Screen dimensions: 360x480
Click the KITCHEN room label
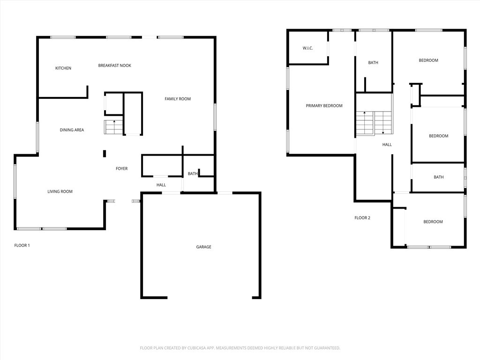pyautogui.click(x=63, y=68)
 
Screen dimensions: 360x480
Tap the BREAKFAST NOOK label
pyautogui.click(x=114, y=66)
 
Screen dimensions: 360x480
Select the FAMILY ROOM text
pyautogui.click(x=178, y=99)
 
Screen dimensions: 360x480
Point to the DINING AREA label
pyautogui.click(x=72, y=130)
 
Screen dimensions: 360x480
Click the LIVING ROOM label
pyautogui.click(x=60, y=191)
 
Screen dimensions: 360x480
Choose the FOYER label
pyautogui.click(x=121, y=169)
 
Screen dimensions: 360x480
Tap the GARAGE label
pyautogui.click(x=203, y=247)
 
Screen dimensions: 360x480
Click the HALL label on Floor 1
pyautogui.click(x=161, y=185)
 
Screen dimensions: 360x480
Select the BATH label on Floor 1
pyautogui.click(x=193, y=174)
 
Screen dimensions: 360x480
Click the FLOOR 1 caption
pyautogui.click(x=22, y=245)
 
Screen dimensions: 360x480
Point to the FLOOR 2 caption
pyautogui.click(x=362, y=218)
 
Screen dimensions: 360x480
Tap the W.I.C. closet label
pyautogui.click(x=307, y=48)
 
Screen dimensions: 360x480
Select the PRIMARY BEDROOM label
pyautogui.click(x=324, y=106)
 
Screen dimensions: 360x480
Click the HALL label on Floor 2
pyautogui.click(x=387, y=145)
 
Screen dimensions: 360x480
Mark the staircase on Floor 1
pyautogui.click(x=113, y=127)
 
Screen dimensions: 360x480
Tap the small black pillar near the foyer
pyautogui.click(x=105, y=153)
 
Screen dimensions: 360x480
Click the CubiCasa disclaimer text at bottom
pyautogui.click(x=240, y=348)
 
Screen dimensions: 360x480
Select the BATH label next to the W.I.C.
pyautogui.click(x=373, y=63)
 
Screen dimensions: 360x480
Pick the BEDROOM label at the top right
pyautogui.click(x=428, y=60)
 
